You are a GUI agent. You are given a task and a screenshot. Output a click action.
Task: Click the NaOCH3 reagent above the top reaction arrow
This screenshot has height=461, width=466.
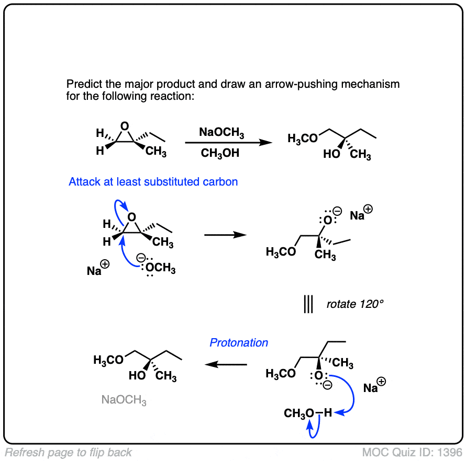coord(221,134)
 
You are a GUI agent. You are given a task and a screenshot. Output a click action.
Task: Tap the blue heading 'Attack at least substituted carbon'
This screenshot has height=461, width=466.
coord(153,182)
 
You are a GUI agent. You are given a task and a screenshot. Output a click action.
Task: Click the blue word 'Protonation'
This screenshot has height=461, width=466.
coord(239,343)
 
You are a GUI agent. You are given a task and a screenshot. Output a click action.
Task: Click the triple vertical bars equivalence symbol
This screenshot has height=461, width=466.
coord(308,304)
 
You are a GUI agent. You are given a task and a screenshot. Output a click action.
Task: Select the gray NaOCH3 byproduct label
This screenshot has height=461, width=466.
coord(124,400)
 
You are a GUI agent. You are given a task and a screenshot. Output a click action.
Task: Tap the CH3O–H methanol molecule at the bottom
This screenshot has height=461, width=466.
coord(308,413)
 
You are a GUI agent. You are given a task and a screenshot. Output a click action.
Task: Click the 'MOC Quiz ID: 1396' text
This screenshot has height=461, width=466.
coord(412,452)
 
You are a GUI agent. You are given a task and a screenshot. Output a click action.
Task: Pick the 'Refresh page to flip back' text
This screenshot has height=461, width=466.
coord(69,453)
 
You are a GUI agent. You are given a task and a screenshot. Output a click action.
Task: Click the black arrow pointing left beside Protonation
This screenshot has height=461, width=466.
coord(225,364)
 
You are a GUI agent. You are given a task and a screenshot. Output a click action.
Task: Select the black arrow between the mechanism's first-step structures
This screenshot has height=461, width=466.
coord(225,235)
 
